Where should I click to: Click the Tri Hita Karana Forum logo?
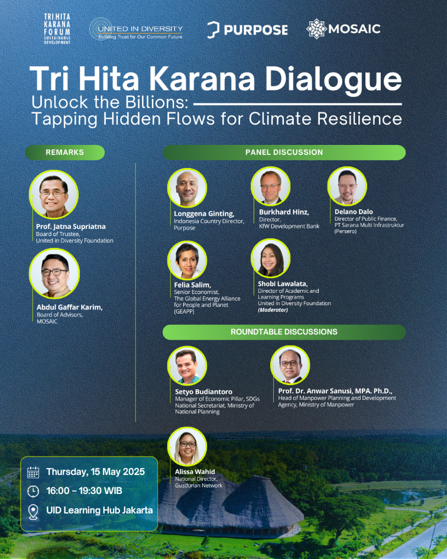(x=57, y=29)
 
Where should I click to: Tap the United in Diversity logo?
(x=136, y=29)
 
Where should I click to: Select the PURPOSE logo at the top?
(x=247, y=30)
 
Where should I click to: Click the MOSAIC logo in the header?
(x=344, y=28)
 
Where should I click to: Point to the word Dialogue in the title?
(x=333, y=79)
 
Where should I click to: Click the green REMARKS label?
(x=65, y=153)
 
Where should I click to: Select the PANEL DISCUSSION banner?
(x=284, y=153)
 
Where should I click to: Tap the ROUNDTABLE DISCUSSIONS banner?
(x=284, y=332)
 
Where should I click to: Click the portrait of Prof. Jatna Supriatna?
(x=53, y=194)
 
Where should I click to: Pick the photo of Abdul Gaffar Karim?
(x=54, y=273)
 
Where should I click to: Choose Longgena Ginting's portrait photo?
(x=187, y=188)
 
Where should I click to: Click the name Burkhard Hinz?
(x=284, y=212)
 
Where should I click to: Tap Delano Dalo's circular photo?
(x=347, y=186)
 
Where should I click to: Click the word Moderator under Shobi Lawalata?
(x=273, y=310)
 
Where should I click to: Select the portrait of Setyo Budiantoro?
(x=187, y=366)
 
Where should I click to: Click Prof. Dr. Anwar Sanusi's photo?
(x=290, y=365)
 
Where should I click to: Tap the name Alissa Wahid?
(x=195, y=471)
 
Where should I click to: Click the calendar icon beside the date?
(x=33, y=472)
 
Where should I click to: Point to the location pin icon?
(x=33, y=512)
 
